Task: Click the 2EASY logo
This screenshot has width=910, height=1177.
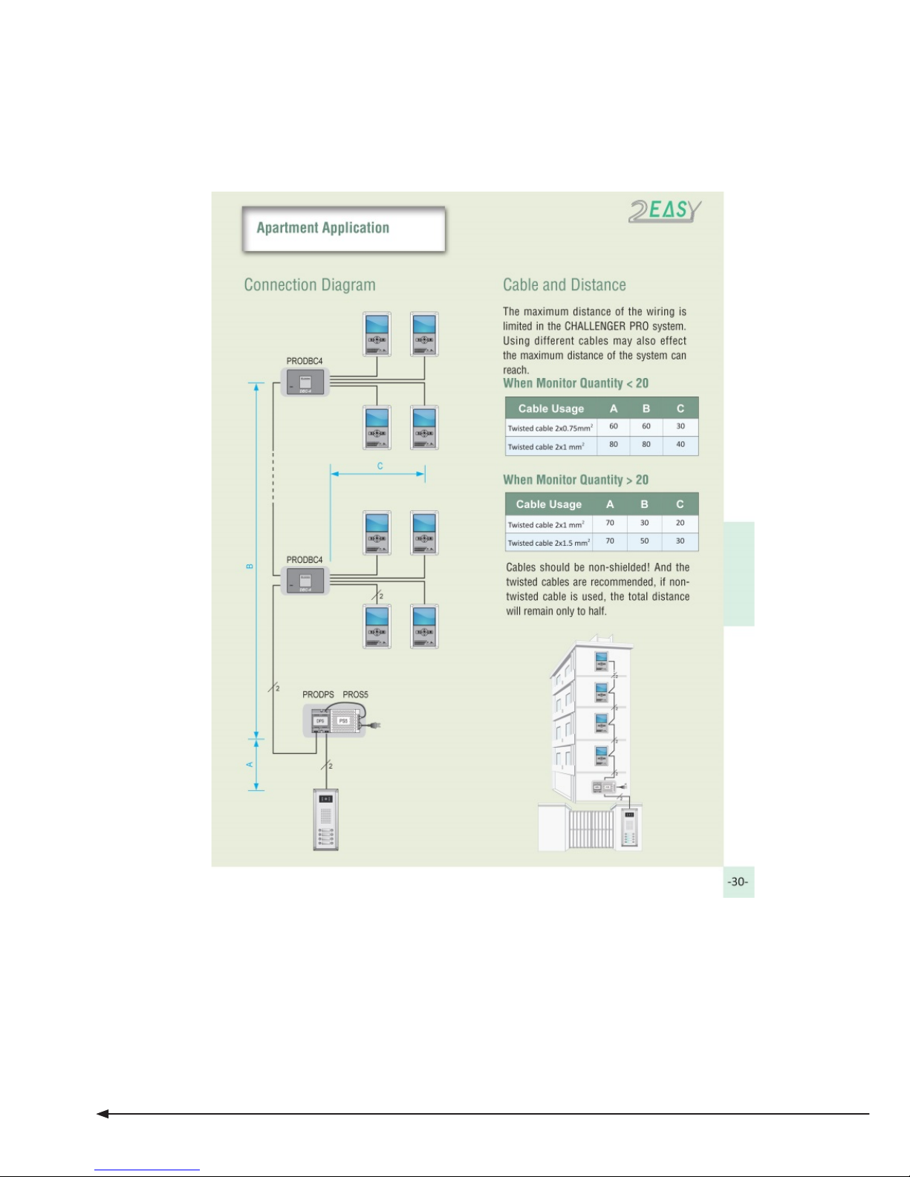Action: coord(665,211)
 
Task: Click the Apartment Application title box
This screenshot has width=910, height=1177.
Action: coord(343,229)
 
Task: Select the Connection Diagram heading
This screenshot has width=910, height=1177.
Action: coord(310,285)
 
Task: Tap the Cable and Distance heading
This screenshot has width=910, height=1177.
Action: coord(564,285)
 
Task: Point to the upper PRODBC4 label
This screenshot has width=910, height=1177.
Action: coord(305,362)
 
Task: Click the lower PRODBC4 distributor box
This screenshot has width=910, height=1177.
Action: coord(305,581)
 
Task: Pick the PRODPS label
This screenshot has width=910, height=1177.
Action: coord(318,695)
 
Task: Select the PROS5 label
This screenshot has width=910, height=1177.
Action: coord(355,695)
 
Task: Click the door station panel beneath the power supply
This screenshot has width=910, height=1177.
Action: coord(325,819)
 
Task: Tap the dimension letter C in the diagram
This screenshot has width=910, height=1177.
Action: coord(380,466)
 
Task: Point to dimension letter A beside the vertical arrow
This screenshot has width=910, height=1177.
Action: coord(250,764)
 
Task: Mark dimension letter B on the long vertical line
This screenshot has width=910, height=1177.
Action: coord(250,567)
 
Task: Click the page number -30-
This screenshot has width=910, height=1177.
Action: coord(738,882)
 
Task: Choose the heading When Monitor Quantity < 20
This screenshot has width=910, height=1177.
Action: coord(576,384)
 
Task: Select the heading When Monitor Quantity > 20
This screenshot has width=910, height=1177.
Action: coord(576,480)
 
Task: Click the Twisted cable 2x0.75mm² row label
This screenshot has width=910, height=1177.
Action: coord(550,428)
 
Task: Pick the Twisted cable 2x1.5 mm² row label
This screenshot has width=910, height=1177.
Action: coord(549,543)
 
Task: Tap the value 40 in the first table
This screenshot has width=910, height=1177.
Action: coord(680,445)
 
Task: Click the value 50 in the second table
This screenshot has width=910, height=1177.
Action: coord(644,541)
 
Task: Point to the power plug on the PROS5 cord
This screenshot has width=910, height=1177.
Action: coord(377,725)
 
